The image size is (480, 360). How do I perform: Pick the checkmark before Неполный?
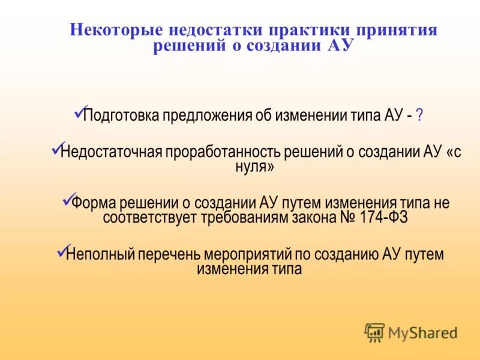click(x=62, y=250)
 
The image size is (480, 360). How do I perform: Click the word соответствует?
click(x=149, y=217)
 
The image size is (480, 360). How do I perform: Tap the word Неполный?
click(x=101, y=254)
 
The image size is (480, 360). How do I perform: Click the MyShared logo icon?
click(x=374, y=332)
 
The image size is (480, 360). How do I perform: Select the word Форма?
click(x=94, y=203)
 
